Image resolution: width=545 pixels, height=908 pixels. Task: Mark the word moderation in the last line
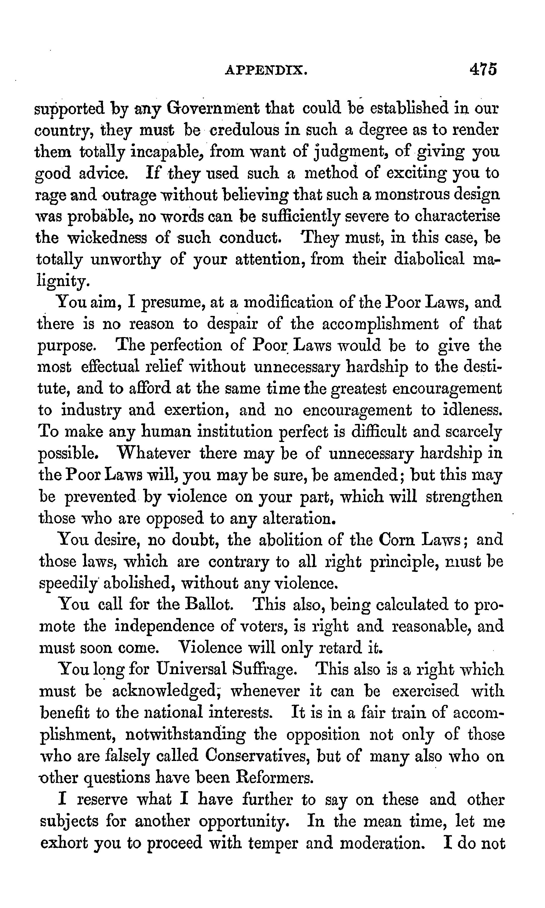382,842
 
